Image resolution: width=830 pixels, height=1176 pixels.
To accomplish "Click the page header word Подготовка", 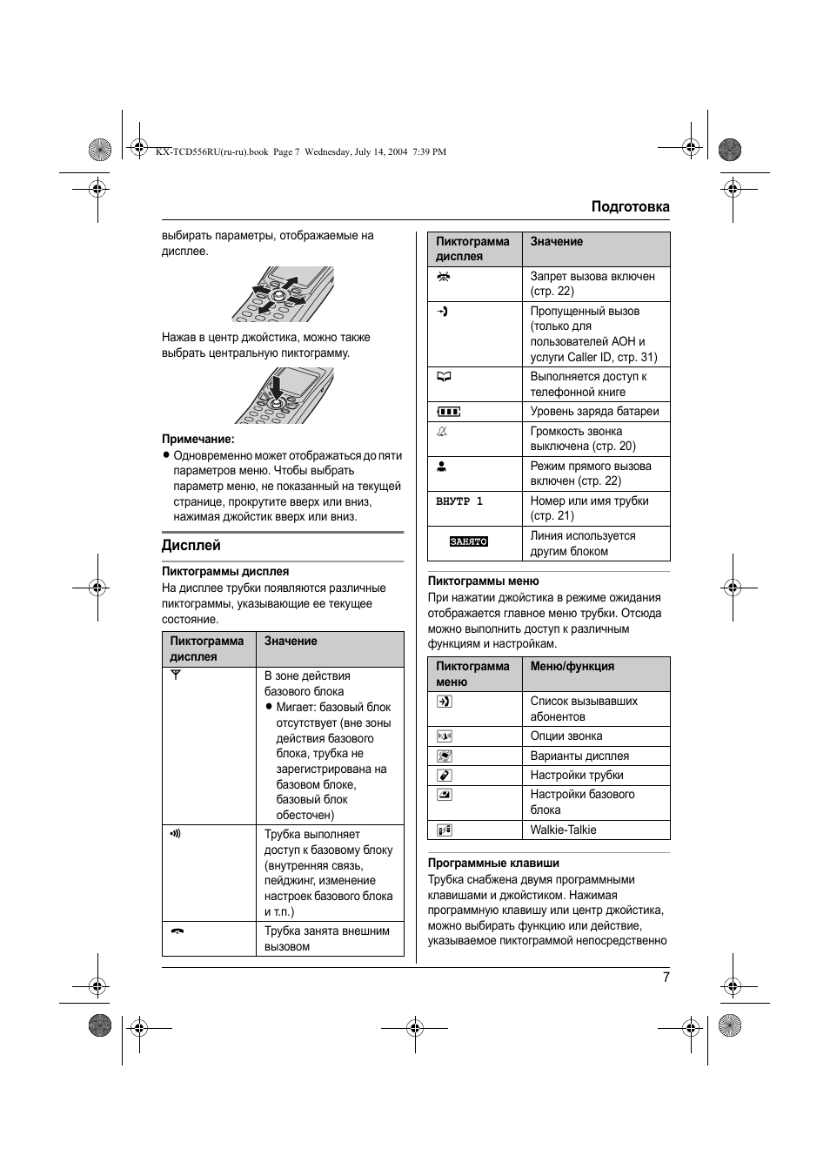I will coord(630,206).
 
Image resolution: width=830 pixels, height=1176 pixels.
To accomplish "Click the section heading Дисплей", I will coord(191,546).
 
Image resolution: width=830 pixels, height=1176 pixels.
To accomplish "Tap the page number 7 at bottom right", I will coord(666,977).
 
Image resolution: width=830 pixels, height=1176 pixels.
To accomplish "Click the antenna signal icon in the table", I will coord(175,675).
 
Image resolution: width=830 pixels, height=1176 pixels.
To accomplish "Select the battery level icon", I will coord(448,412).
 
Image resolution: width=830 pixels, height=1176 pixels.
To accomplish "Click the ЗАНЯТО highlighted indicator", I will coord(468,541).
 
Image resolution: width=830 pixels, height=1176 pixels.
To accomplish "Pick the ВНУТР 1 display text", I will coord(459,501).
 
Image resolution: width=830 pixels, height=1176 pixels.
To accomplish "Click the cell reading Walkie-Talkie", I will coord(563,830).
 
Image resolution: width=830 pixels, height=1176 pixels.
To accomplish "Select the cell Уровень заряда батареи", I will coord(594,411).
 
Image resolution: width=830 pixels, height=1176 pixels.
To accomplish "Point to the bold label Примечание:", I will coord(197,439).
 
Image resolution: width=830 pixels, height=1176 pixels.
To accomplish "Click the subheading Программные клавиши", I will coord(493,863).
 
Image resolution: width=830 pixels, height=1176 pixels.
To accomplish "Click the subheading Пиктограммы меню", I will coord(483,581).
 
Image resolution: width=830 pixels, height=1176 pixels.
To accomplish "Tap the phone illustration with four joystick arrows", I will coord(282,294).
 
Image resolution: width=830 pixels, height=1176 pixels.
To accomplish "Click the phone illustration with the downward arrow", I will coord(283,395).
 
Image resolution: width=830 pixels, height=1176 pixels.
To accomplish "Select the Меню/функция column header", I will coord(572,666).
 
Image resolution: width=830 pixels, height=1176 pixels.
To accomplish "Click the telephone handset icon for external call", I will coord(177,931).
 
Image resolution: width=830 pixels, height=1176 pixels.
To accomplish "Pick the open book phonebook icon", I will coord(444,377).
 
